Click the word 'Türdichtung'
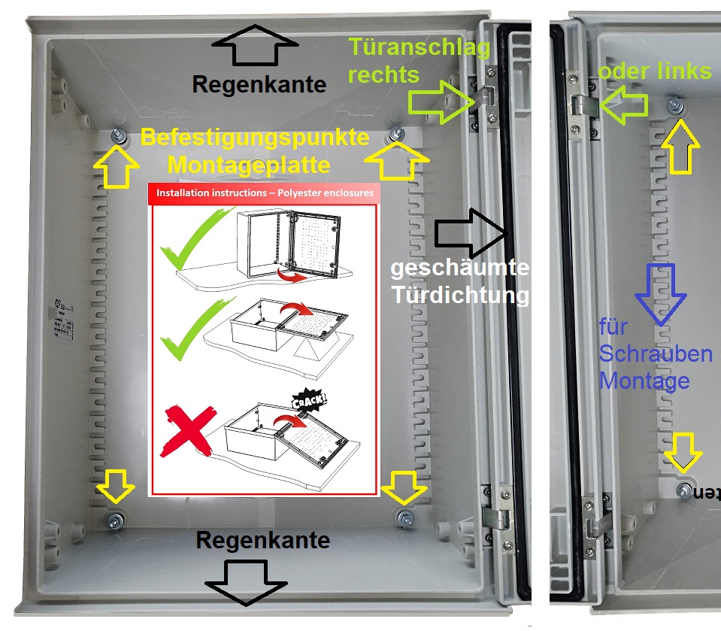(x=459, y=295)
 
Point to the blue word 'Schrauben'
(x=655, y=354)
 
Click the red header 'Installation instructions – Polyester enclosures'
(x=265, y=193)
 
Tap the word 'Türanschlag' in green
(x=420, y=49)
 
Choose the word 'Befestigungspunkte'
(x=255, y=138)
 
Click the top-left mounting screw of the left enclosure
(x=118, y=136)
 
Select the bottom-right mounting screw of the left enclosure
(x=405, y=517)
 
